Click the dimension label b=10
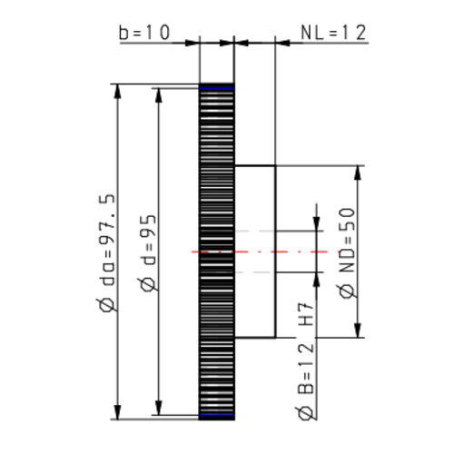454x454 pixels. tap(144, 34)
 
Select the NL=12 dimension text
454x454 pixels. tap(333, 34)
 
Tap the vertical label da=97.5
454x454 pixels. tap(108, 246)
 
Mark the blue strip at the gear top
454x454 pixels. tap(216, 87)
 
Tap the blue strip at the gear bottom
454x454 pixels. tap(216, 415)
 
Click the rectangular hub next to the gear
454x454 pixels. tap(255, 251)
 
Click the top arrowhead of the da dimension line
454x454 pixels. tap(117, 92)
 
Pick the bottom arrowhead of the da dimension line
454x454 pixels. tap(117, 410)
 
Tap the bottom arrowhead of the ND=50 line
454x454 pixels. tap(360, 330)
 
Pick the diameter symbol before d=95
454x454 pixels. tap(150, 289)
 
